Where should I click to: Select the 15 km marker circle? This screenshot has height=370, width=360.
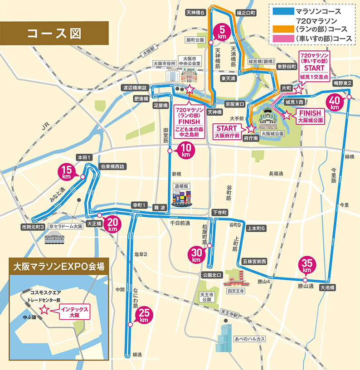click(x=67, y=172)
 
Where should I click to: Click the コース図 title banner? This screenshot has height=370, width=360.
click(x=54, y=33)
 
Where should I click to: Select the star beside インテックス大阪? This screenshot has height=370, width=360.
click(x=44, y=310)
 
